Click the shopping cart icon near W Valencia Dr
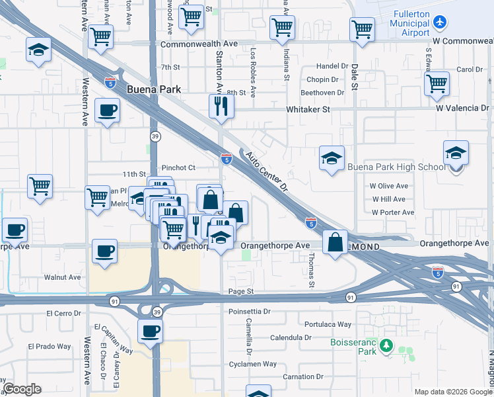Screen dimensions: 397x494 click(x=437, y=83)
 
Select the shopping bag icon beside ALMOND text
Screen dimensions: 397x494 click(x=335, y=242)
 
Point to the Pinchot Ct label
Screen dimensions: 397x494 click(x=179, y=168)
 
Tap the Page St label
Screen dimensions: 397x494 click(x=241, y=291)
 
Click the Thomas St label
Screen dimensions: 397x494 click(x=311, y=271)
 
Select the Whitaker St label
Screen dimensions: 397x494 click(x=308, y=109)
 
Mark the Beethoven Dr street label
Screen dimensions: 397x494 click(x=323, y=93)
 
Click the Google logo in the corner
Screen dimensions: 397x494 click(x=22, y=389)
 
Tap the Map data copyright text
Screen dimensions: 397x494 click(x=453, y=392)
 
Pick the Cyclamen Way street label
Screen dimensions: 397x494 click(x=252, y=364)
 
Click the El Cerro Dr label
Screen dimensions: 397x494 click(x=66, y=314)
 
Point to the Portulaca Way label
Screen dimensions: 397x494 click(x=328, y=324)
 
